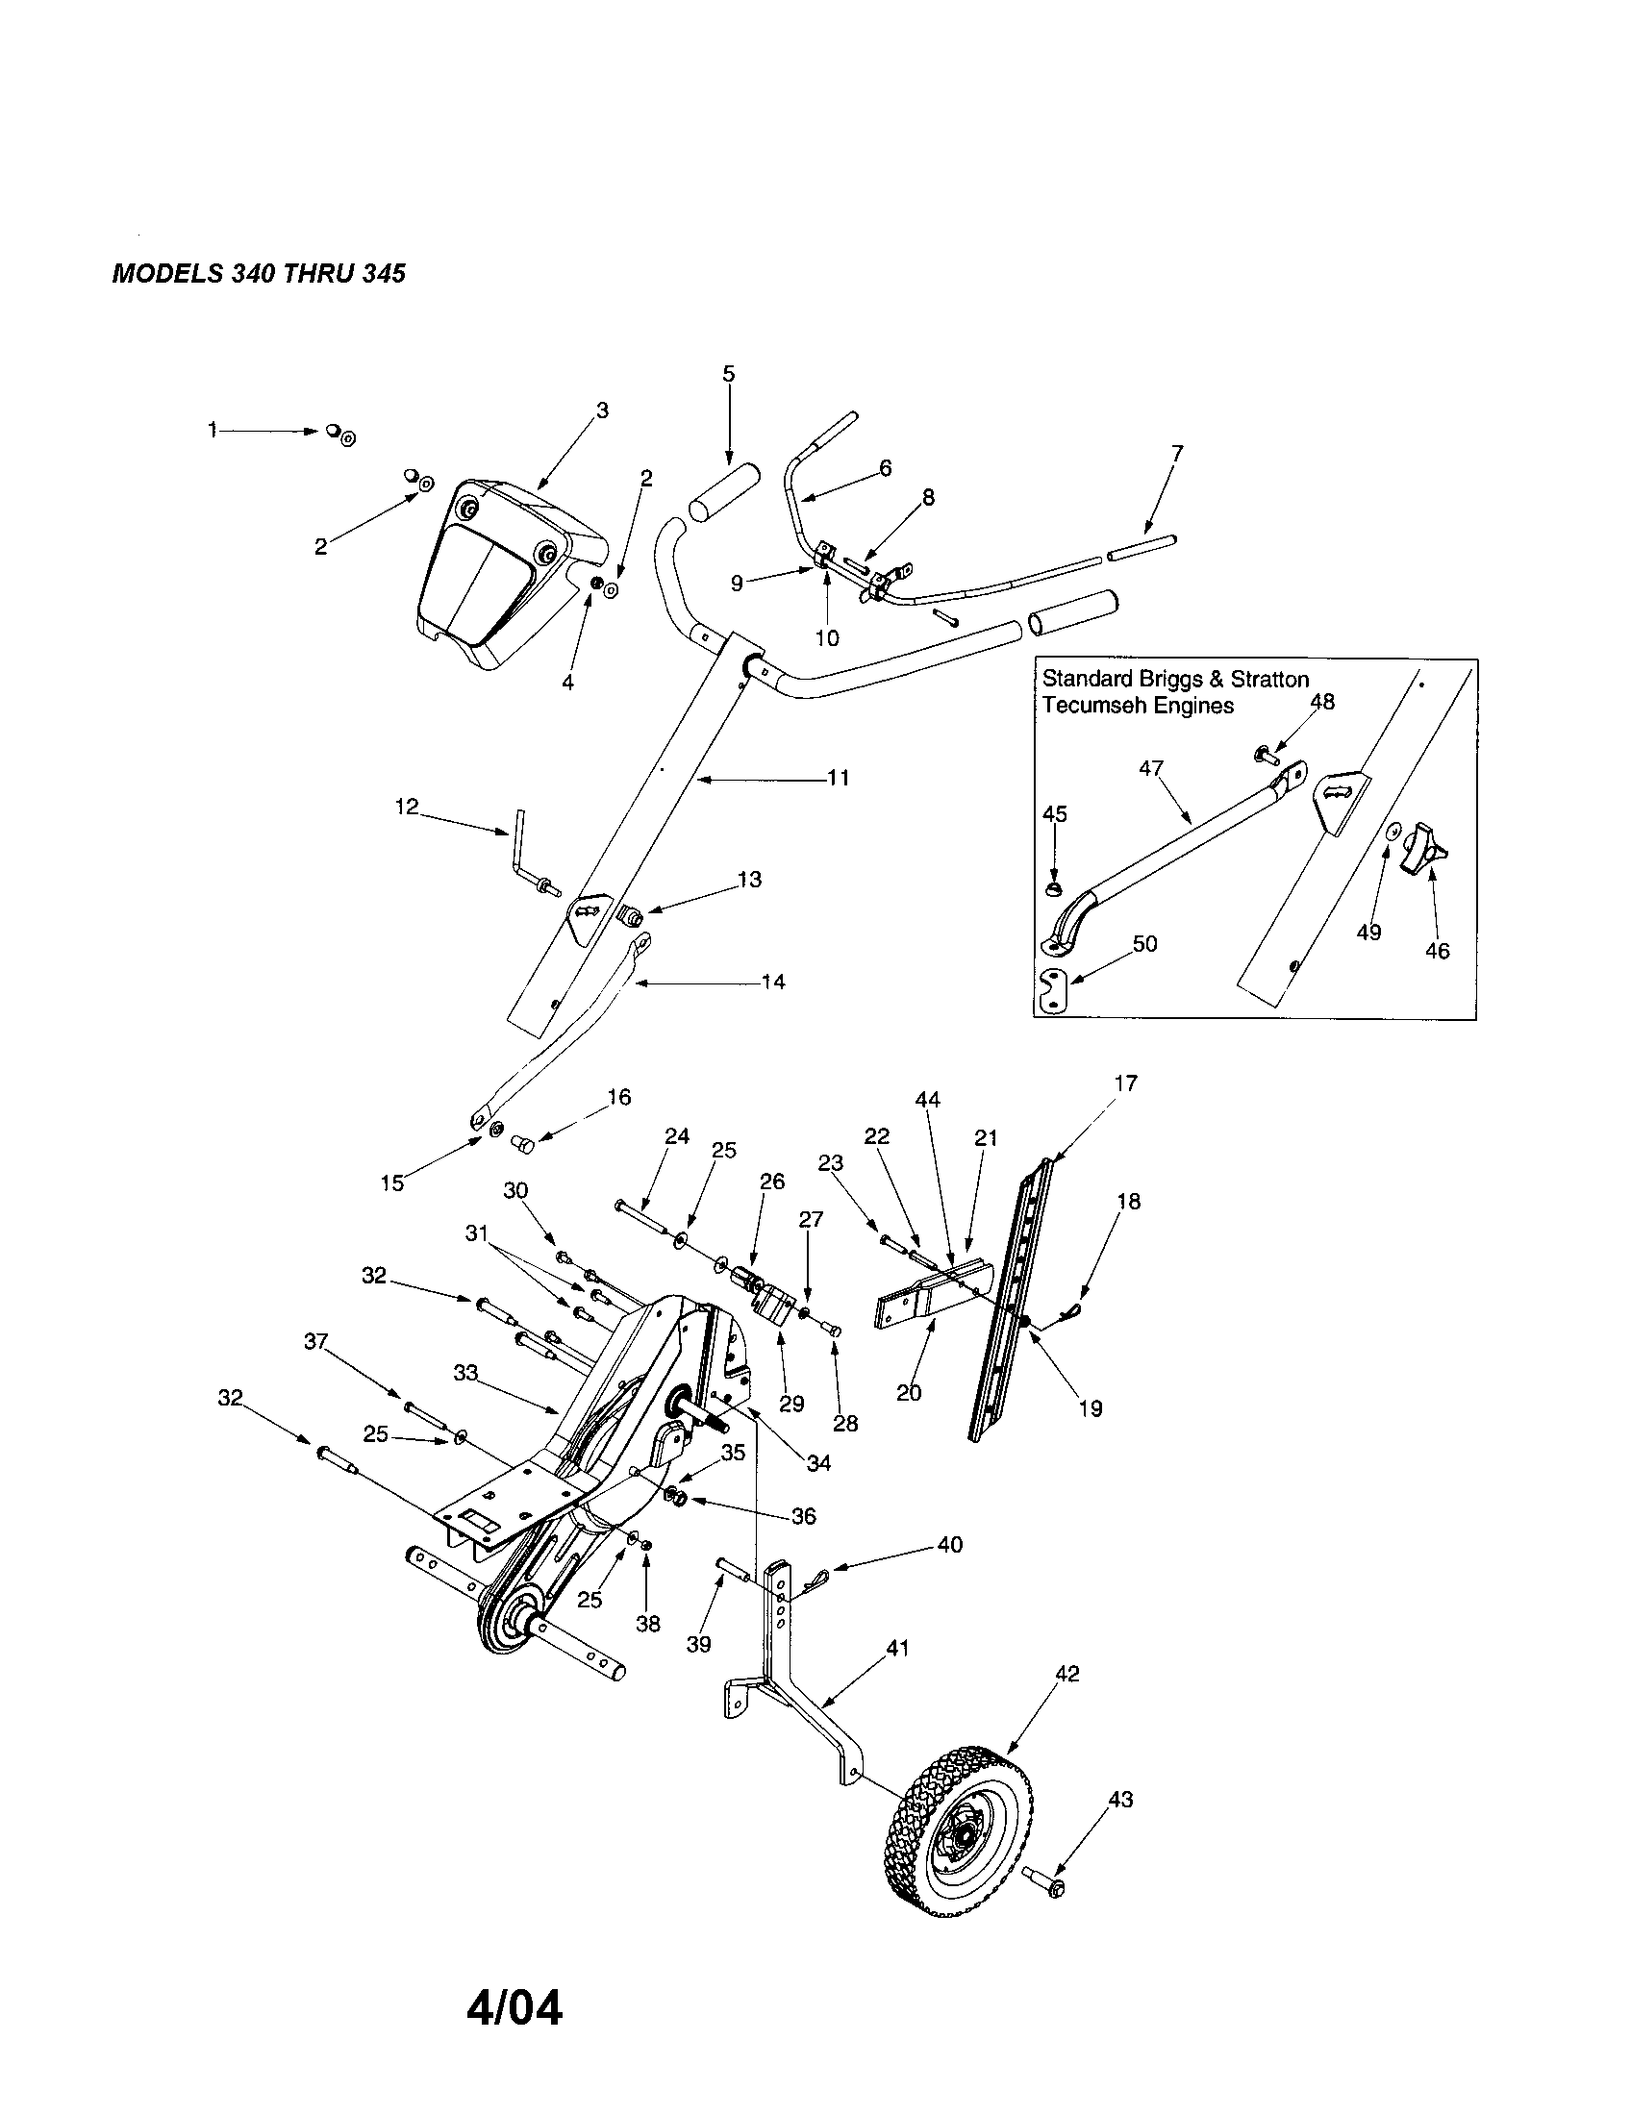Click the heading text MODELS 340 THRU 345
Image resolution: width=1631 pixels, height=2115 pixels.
coord(259,274)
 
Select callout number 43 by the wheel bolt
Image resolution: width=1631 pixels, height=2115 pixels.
coord(1119,1800)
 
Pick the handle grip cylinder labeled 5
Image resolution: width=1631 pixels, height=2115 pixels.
coord(721,494)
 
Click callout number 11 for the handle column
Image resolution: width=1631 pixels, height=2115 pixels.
coord(838,778)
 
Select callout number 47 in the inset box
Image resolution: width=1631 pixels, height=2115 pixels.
coord(1150,769)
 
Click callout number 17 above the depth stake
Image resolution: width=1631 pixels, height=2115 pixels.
coord(1125,1082)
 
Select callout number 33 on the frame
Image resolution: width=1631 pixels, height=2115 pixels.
coord(465,1373)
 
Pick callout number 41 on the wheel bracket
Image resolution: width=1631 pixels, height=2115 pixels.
coord(898,1647)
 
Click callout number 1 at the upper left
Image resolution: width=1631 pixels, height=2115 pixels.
coord(213,430)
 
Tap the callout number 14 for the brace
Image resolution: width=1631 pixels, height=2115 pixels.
coord(772,982)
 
